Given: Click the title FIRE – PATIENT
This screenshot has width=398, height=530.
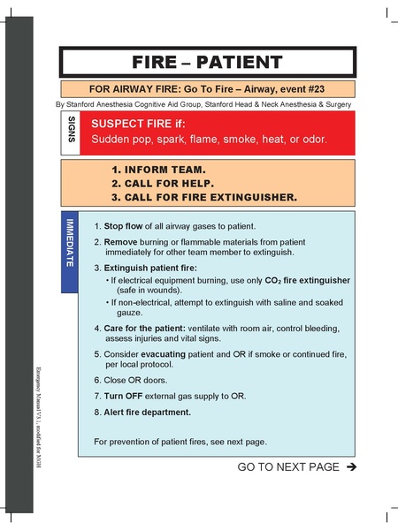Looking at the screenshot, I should pyautogui.click(x=207, y=62).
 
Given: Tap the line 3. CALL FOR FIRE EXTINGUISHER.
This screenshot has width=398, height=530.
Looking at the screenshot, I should pyautogui.click(x=203, y=196).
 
